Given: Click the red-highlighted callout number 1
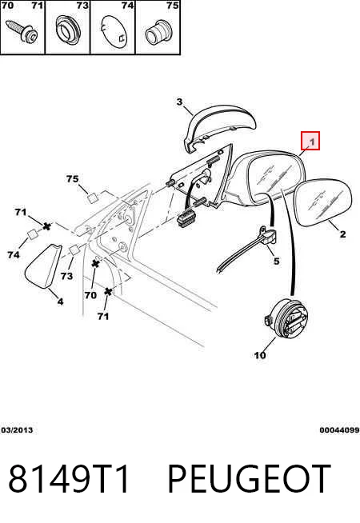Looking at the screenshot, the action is [312, 142].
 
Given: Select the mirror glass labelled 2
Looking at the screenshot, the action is [323, 202].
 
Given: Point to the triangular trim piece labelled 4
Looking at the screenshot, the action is [43, 265].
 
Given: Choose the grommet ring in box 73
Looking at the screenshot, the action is [68, 30].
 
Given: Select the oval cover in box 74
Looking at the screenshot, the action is [114, 32].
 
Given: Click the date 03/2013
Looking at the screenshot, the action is [17, 430].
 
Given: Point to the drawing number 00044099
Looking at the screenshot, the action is [339, 430].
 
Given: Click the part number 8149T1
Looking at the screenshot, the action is [69, 479].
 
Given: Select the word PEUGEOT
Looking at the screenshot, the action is [250, 479].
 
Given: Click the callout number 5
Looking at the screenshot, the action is [276, 261].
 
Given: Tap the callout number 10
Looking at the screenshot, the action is [260, 355].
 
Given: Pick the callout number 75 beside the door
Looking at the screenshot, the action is [72, 179].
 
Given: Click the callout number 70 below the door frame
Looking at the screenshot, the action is [90, 295].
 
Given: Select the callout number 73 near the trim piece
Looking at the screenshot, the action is [66, 276].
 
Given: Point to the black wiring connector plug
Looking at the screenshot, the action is [186, 219].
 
